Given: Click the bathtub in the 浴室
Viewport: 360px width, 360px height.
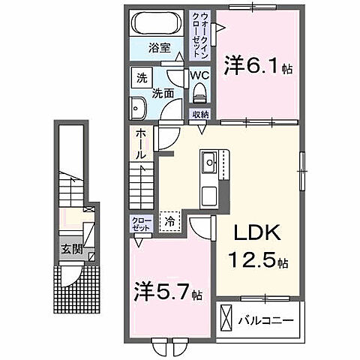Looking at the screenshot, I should [156, 23].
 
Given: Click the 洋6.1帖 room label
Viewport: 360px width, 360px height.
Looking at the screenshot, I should [257, 67].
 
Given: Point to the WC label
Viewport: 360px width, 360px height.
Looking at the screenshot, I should [199, 76].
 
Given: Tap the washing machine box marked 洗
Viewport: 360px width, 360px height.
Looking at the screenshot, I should [141, 77].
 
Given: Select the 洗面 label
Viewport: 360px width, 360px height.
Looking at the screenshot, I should [165, 94].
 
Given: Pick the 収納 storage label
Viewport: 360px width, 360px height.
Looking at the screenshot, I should [199, 115].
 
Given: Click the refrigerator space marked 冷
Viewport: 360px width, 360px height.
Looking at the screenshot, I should [169, 221].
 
